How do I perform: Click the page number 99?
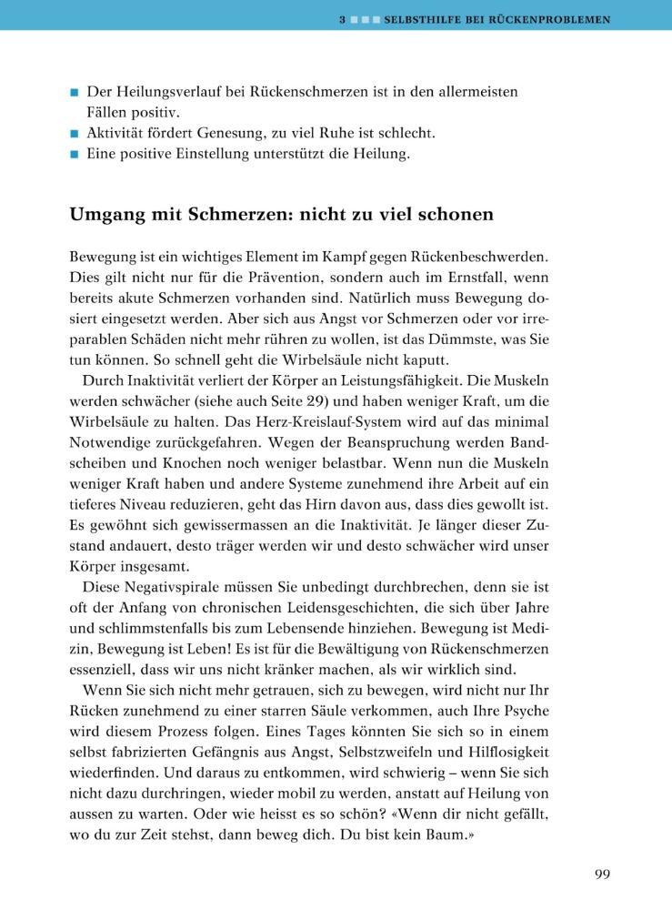point(602,875)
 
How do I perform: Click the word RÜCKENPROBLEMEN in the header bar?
point(547,18)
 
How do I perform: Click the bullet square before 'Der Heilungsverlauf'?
point(75,93)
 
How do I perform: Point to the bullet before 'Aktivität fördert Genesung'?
point(75,134)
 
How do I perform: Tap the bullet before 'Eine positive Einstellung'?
point(75,155)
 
